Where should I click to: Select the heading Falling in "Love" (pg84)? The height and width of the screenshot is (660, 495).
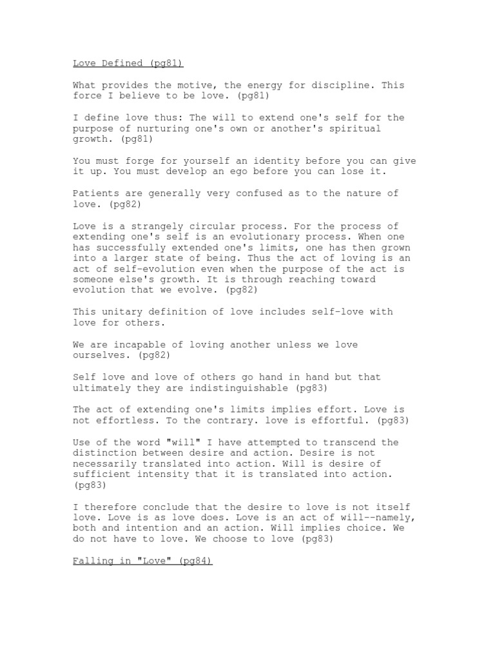[142, 561]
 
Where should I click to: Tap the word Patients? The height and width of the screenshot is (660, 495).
[95, 194]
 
